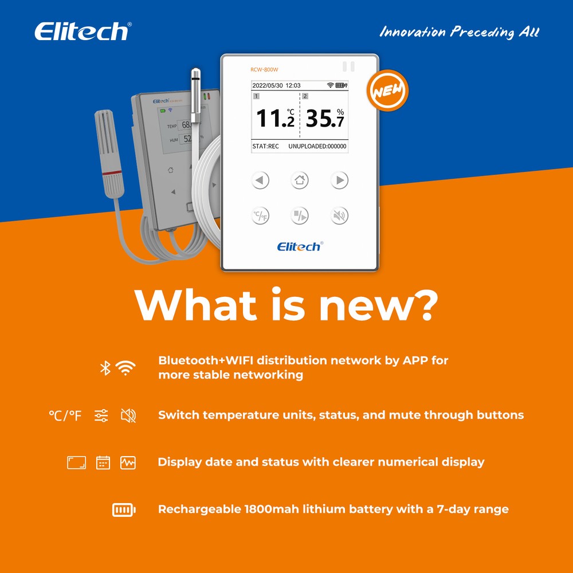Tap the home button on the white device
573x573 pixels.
(x=300, y=180)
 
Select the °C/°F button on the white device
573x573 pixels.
(x=261, y=216)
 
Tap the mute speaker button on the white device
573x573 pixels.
(x=339, y=216)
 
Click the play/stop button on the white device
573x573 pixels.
(x=300, y=216)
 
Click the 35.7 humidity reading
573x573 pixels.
(x=324, y=117)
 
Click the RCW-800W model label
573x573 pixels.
(x=264, y=70)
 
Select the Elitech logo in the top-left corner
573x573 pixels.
(x=83, y=32)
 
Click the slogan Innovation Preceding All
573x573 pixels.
(x=459, y=32)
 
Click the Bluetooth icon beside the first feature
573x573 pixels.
(x=105, y=368)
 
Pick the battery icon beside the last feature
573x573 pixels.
(x=124, y=509)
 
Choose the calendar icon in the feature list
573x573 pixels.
(x=103, y=462)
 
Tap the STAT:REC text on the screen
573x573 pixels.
(x=266, y=146)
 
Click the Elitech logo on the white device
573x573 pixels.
(x=300, y=246)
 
